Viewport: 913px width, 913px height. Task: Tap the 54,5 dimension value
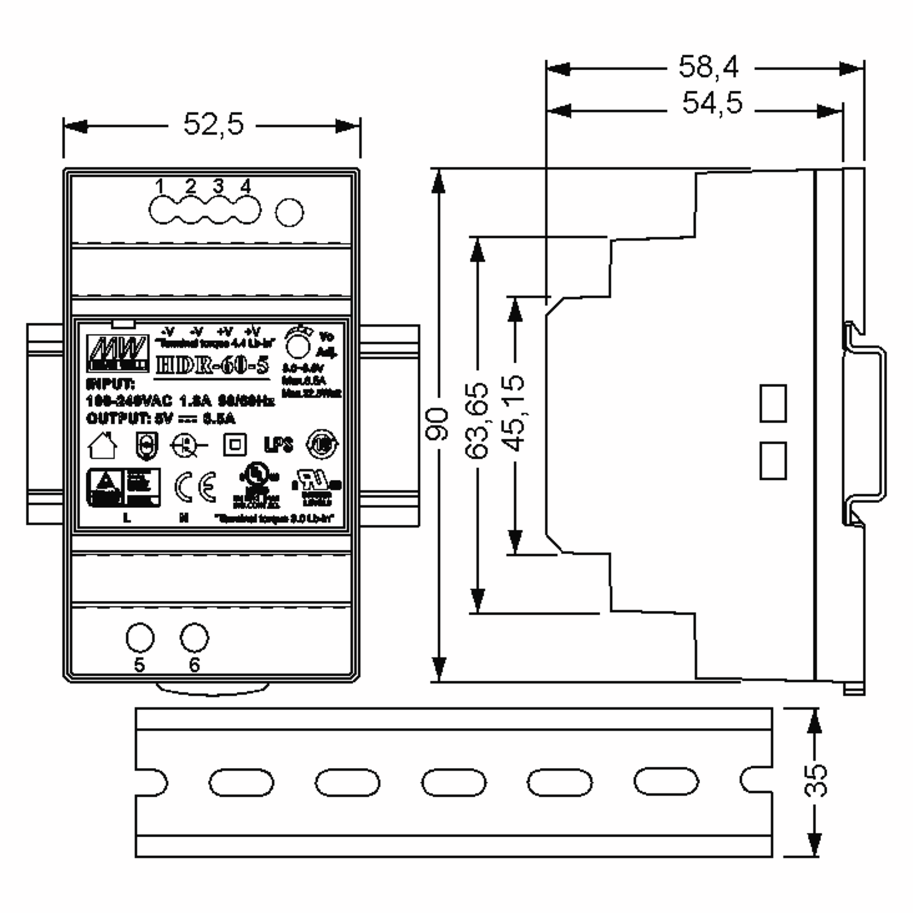pos(712,103)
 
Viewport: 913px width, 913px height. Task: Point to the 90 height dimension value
pos(437,424)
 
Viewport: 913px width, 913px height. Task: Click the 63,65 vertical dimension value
pos(477,421)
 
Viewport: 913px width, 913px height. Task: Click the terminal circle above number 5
pos(140,638)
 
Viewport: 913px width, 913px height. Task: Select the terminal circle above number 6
pos(194,638)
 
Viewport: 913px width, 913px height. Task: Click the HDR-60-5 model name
pos(212,366)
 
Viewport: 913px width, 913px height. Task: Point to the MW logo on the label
pos(117,353)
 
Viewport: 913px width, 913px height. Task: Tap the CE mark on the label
pos(195,487)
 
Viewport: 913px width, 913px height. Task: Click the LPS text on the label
pos(278,445)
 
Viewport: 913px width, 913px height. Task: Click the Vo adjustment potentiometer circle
pos(298,347)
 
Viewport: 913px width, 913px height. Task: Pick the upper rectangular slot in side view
pos(773,403)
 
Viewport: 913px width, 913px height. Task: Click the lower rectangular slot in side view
pos(773,461)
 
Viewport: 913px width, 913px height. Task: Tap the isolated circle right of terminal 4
pos(289,212)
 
